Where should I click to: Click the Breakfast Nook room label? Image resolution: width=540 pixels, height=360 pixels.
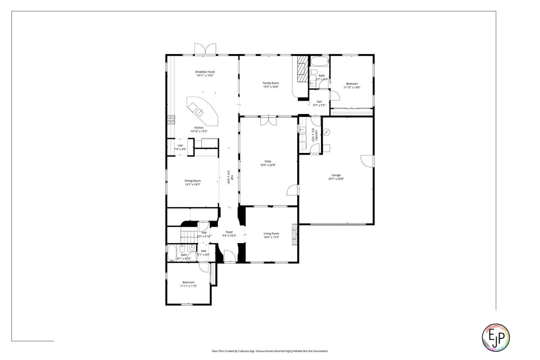205,72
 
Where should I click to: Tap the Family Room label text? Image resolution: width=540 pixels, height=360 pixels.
270,83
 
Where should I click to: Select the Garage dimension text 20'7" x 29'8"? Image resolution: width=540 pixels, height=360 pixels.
336,179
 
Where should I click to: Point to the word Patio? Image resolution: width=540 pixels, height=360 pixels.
268,161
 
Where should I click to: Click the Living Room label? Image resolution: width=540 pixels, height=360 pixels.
271,233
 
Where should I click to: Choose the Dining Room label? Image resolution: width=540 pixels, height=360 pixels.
192,181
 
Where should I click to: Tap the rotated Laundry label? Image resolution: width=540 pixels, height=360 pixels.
317,134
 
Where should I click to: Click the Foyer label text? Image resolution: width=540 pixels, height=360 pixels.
229,232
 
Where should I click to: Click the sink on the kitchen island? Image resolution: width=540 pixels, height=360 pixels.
200,111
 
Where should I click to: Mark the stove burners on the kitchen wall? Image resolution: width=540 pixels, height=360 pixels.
171,119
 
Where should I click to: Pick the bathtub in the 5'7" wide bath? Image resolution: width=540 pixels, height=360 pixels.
319,61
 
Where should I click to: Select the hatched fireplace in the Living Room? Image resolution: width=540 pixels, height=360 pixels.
295,234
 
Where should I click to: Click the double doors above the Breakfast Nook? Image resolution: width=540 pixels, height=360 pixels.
205,49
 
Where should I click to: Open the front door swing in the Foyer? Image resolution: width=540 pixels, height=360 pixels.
229,256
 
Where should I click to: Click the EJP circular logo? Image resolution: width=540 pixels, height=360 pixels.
495,337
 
